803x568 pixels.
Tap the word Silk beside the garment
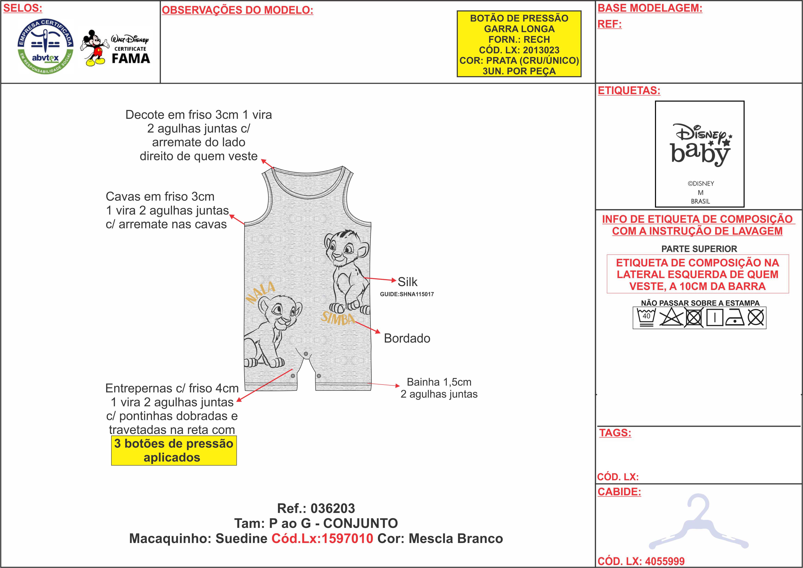407,282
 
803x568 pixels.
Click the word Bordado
407,338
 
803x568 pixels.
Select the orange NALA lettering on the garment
261,292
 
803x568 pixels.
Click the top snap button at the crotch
306,354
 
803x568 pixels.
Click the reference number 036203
333,508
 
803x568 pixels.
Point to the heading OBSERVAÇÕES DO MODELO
237,10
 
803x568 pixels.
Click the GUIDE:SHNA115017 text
407,294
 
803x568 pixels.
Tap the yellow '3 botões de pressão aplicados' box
174,450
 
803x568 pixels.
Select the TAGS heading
615,433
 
